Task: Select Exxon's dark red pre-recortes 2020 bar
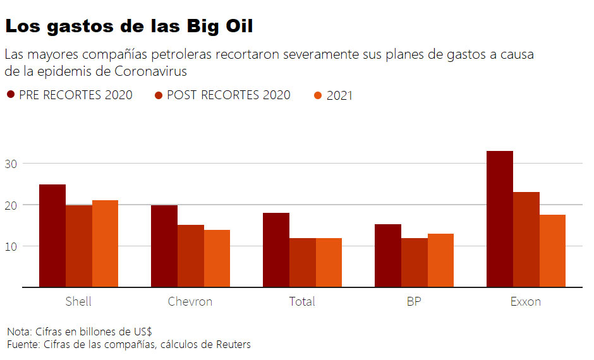point(499,219)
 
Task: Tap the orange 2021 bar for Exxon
point(552,251)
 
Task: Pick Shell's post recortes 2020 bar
point(79,246)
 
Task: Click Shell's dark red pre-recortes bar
point(52,236)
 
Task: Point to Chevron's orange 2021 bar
point(217,258)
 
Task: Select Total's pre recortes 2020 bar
point(276,249)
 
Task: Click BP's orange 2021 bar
point(440,260)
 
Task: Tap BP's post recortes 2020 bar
point(414,262)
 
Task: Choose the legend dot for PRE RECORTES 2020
point(11,95)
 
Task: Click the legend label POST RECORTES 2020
point(228,95)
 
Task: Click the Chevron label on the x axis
point(190,301)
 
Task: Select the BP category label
point(414,301)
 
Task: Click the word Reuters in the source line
point(233,344)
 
